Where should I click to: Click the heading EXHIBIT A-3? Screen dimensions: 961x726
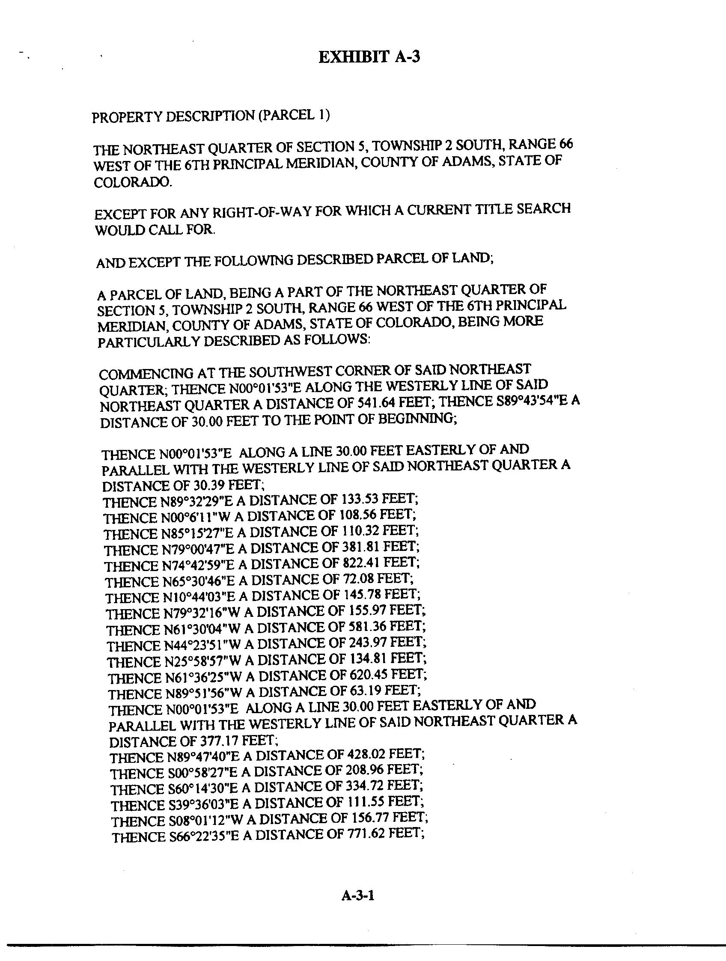point(369,57)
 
